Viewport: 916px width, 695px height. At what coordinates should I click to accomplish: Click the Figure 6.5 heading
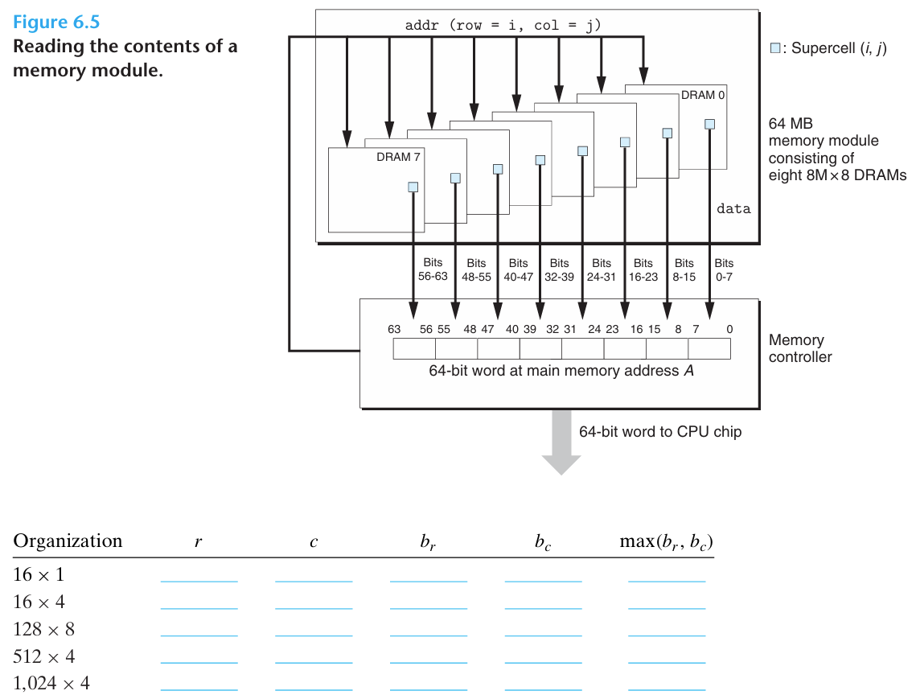pyautogui.click(x=56, y=23)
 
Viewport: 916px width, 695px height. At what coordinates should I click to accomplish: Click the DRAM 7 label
pyautogui.click(x=398, y=157)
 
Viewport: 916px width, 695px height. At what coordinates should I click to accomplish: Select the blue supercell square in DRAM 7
pyautogui.click(x=413, y=187)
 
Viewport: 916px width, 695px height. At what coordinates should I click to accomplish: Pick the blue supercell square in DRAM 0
pyautogui.click(x=709, y=124)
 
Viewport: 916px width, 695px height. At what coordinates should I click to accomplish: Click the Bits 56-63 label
pyautogui.click(x=433, y=269)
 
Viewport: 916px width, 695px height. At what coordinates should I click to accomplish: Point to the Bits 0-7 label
pyautogui.click(x=724, y=269)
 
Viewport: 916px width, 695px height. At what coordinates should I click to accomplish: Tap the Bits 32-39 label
pyautogui.click(x=560, y=269)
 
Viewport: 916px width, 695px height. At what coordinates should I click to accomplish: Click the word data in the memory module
pyautogui.click(x=733, y=209)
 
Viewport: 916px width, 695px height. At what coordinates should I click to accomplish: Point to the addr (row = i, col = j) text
pyautogui.click(x=503, y=25)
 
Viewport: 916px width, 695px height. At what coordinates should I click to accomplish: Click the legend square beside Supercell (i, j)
pyautogui.click(x=775, y=48)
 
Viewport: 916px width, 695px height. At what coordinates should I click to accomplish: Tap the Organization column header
pyautogui.click(x=68, y=541)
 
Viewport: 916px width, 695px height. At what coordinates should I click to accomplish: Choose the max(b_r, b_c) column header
pyautogui.click(x=667, y=541)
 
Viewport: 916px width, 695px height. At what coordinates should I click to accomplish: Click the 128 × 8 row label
pyautogui.click(x=43, y=629)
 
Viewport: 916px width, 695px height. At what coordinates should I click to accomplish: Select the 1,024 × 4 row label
pyautogui.click(x=51, y=684)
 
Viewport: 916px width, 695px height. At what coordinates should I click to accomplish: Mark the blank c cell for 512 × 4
pyautogui.click(x=314, y=656)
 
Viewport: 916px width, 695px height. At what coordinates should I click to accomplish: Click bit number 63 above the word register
pyautogui.click(x=394, y=329)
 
